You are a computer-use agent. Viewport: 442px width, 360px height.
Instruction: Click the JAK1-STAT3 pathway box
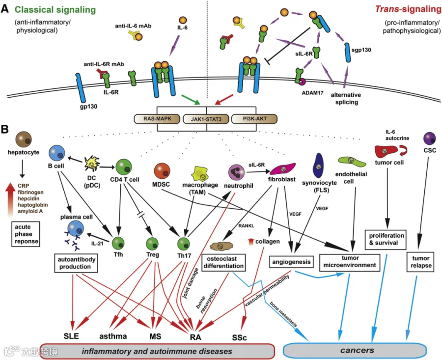[x=206, y=119]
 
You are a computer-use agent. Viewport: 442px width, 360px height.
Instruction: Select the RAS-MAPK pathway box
[x=157, y=119]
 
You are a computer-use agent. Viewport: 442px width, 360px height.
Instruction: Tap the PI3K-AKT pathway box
[x=254, y=119]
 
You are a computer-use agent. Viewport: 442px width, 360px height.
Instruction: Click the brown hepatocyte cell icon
[x=24, y=139]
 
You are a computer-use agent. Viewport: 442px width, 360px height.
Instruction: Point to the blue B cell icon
[x=57, y=153]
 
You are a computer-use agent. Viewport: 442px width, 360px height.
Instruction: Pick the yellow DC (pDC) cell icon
[x=92, y=164]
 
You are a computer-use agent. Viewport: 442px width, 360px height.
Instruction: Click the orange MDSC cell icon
[x=162, y=171]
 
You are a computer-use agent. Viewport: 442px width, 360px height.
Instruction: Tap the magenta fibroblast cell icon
[x=283, y=168]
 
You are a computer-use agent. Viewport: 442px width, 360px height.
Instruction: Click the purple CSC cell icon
[x=430, y=138]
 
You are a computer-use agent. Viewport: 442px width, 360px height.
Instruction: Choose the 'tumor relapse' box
[x=420, y=262]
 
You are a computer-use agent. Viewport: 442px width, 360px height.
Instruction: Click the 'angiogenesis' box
[x=291, y=262]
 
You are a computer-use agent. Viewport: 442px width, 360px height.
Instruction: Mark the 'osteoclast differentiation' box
[x=223, y=262]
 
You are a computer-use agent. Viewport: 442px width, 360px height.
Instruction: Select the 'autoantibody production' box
[x=76, y=263]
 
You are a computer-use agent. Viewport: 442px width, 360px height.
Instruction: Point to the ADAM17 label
[x=312, y=92]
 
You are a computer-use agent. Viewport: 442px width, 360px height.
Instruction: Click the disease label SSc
[x=239, y=337]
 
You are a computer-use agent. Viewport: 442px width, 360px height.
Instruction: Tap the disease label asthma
[x=113, y=336]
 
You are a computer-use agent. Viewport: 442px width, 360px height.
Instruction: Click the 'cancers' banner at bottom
[x=355, y=350]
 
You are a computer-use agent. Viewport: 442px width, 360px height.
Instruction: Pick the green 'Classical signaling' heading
[x=55, y=10]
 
